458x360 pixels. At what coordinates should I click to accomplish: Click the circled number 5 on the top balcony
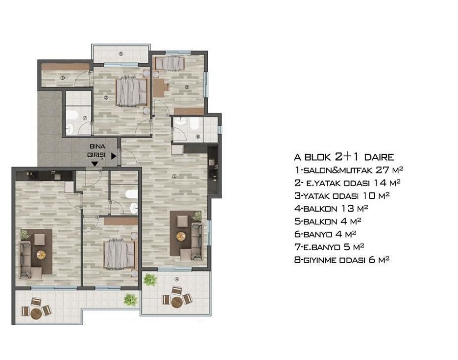tap(121, 54)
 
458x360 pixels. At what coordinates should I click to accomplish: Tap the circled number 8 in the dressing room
tap(62, 78)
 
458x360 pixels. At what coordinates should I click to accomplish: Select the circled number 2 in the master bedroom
tap(106, 97)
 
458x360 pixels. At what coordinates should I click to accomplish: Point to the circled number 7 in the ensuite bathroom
tap(85, 118)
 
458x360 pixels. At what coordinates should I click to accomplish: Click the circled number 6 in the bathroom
tap(198, 136)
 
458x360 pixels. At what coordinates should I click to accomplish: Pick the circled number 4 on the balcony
tap(176, 279)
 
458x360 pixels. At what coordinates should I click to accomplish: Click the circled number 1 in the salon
tap(174, 176)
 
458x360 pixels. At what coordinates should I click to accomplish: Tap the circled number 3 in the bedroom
tap(187, 87)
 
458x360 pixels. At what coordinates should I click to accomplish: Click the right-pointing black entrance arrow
tap(114, 156)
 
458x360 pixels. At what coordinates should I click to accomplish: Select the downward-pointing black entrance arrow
tap(95, 164)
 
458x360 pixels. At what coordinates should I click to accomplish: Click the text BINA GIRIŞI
tap(97, 151)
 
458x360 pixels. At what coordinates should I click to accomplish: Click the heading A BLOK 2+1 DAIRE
tap(344, 157)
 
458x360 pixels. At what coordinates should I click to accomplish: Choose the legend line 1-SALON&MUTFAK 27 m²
tap(349, 170)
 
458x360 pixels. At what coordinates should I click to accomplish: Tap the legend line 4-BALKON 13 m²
tap(331, 209)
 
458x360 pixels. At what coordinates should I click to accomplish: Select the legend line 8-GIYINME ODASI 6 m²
tap(342, 260)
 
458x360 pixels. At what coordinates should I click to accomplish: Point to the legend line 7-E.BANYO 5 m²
tap(329, 247)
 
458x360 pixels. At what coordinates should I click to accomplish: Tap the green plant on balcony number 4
tap(150, 280)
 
